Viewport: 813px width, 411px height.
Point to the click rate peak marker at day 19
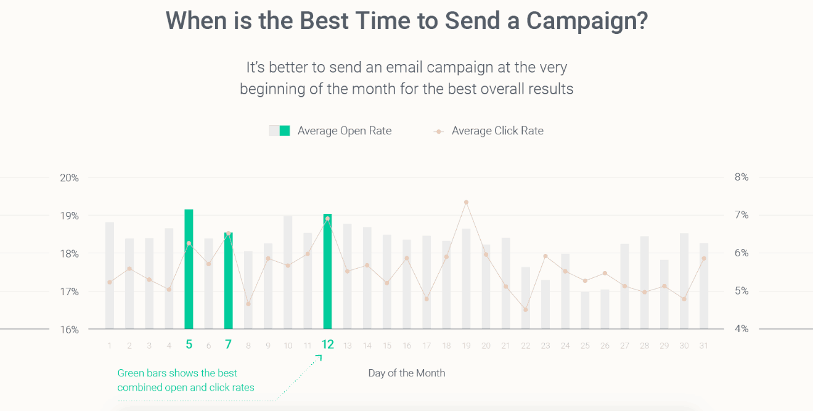[x=466, y=202]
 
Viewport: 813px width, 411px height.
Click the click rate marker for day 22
[x=525, y=309]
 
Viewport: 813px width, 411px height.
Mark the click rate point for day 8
[x=248, y=304]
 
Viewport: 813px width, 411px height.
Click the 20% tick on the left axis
[x=69, y=177]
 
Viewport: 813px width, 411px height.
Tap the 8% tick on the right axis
[x=742, y=177]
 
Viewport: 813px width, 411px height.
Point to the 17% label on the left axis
[x=69, y=291]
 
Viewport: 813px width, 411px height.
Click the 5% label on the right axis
[x=742, y=291]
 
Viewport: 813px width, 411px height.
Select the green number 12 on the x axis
[x=327, y=344]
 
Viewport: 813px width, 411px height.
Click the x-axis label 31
[x=703, y=346]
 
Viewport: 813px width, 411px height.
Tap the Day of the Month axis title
[x=406, y=373]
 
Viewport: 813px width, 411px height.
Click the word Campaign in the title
[x=586, y=20]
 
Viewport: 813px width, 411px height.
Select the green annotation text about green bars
[x=186, y=380]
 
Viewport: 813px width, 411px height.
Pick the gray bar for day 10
[x=288, y=272]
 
